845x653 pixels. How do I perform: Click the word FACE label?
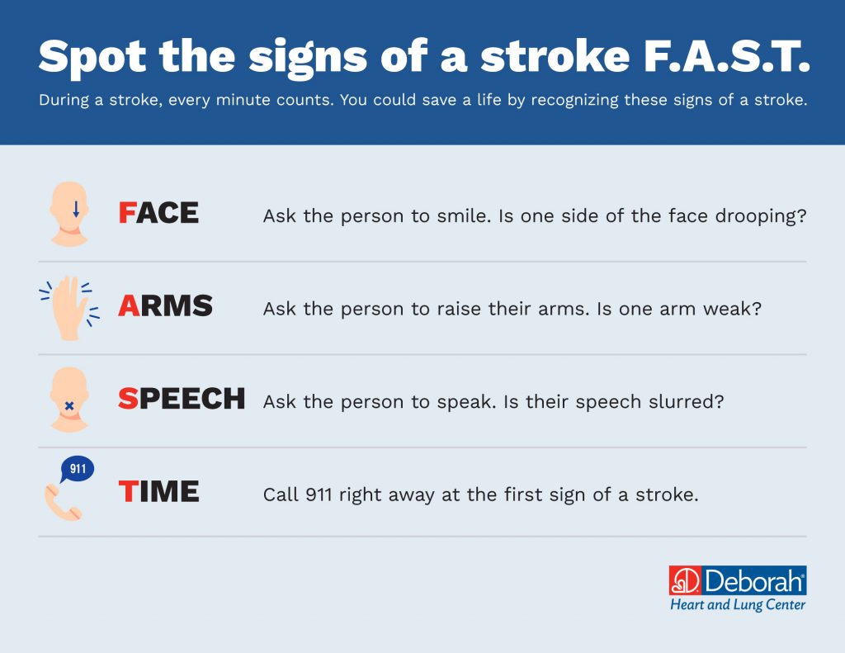tap(158, 213)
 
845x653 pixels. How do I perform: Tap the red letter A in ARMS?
tap(128, 306)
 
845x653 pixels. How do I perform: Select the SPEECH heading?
tap(182, 399)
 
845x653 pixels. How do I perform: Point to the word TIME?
tap(158, 492)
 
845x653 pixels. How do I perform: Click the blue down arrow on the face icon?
tap(76, 209)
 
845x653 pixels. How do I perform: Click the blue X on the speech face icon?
tap(69, 406)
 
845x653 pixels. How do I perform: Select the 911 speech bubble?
tap(78, 470)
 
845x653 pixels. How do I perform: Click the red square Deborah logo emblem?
tap(683, 580)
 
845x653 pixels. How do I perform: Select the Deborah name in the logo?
tap(753, 581)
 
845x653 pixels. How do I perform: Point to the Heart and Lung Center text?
tap(737, 605)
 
